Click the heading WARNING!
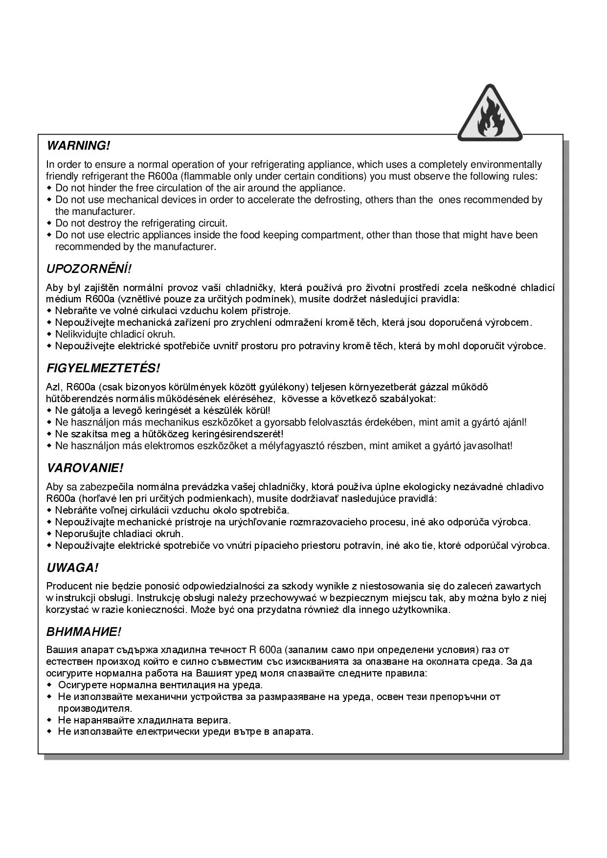pos(78,146)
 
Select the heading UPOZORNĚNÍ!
pos(89,269)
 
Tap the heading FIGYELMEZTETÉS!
pos(103,368)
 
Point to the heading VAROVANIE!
pos(85,468)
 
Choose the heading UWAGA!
pos(72,568)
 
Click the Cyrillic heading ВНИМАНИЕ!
pos(83,632)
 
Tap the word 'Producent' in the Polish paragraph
pos(69,586)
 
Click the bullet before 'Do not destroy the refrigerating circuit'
pos(49,224)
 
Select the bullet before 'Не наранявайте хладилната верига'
pos(49,720)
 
